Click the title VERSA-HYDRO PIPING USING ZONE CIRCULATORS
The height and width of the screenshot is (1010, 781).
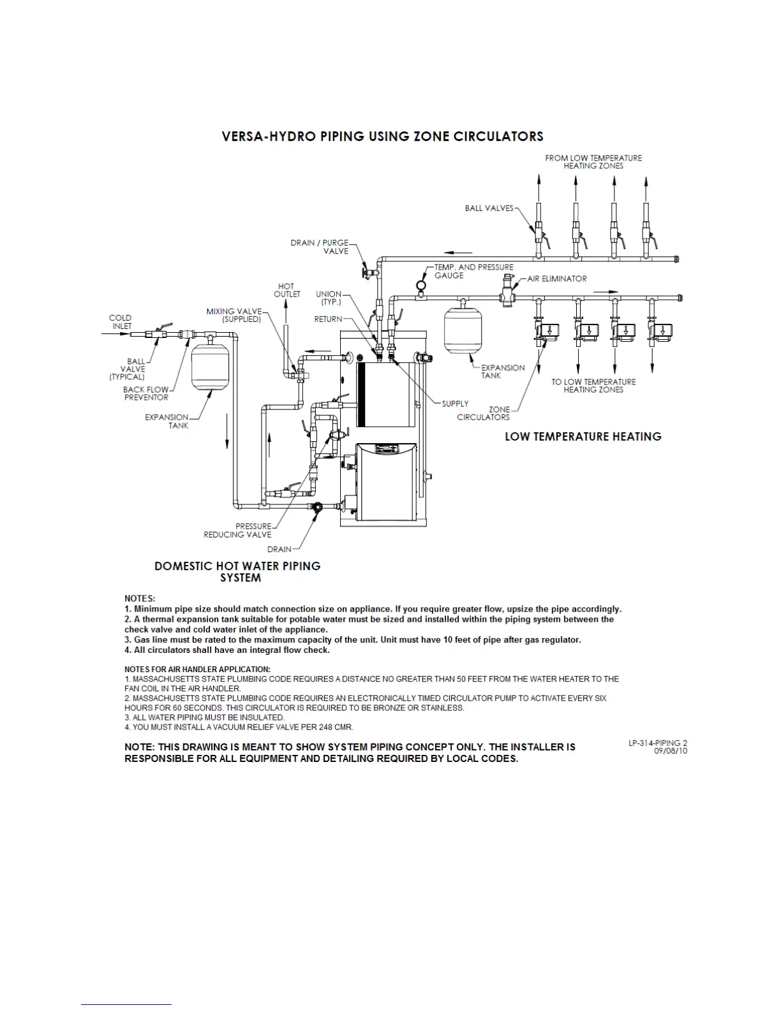tap(382, 136)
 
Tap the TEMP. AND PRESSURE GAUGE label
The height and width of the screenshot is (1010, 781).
tap(473, 271)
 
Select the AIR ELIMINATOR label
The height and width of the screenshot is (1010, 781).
tap(556, 279)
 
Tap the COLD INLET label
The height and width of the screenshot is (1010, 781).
tap(121, 322)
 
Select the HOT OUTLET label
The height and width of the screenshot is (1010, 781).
tap(286, 290)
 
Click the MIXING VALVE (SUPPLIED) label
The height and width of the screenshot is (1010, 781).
tap(234, 315)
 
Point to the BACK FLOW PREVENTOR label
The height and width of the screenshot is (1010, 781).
tap(146, 393)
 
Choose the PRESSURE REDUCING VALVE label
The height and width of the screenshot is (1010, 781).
tap(237, 531)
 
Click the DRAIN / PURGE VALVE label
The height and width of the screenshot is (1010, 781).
tap(320, 247)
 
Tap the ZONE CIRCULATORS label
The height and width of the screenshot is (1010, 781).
tap(483, 413)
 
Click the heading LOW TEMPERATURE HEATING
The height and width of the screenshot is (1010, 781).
tap(583, 437)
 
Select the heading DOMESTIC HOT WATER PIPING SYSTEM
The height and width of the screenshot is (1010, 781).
tap(237, 572)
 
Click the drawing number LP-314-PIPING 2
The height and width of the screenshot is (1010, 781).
tap(657, 743)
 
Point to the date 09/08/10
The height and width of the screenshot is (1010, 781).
tap(670, 751)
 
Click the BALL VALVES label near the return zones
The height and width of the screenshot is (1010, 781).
tap(489, 208)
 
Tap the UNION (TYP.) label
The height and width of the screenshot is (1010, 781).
tap(329, 298)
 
